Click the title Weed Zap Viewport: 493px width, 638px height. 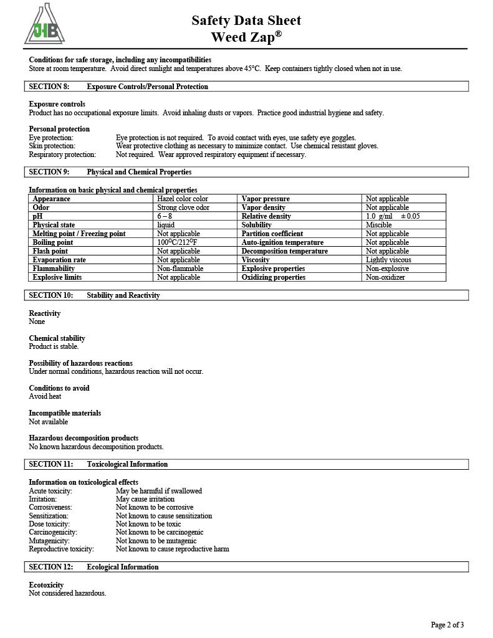(246, 37)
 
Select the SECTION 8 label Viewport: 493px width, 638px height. (49, 87)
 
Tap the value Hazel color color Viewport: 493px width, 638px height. (183, 199)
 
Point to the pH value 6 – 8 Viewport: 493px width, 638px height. (165, 216)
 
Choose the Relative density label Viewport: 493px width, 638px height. (266, 216)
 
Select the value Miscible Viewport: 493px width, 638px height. (378, 225)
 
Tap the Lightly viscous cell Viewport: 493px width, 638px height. (388, 260)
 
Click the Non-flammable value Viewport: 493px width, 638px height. (180, 269)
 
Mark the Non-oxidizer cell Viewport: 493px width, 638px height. (385, 277)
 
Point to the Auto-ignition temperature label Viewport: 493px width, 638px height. (282, 242)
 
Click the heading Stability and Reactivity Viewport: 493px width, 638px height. (123, 295)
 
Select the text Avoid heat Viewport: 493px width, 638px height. (45, 396)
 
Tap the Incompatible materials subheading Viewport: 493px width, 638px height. (65, 413)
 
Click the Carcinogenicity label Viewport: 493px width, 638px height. (53, 533)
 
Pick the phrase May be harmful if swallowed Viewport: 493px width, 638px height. (159, 491)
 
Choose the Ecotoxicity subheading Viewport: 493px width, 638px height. (46, 585)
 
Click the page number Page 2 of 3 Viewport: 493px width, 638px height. (447, 625)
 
